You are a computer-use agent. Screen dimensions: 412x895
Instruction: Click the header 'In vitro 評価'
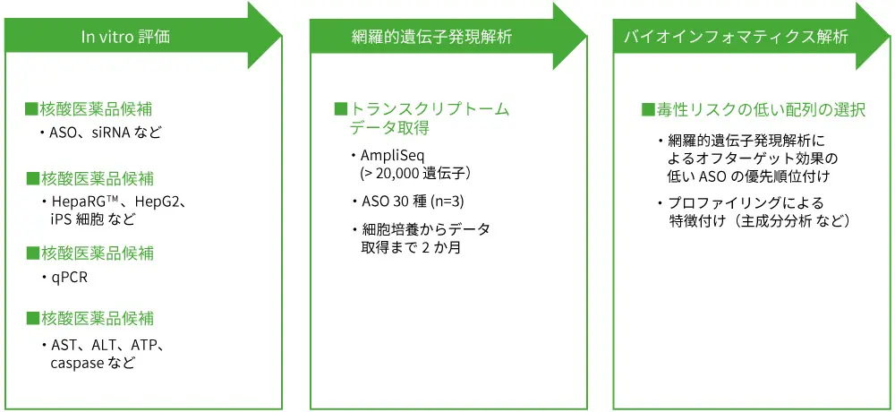[x=125, y=37]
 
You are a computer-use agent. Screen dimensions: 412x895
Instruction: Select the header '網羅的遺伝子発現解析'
[x=433, y=37]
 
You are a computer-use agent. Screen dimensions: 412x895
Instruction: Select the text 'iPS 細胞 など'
[x=94, y=219]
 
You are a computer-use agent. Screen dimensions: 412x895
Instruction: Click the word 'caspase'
[x=77, y=364]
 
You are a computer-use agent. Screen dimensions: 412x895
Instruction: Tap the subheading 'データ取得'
[x=389, y=128]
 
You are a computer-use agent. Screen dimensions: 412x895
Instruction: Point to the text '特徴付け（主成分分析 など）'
[x=759, y=220]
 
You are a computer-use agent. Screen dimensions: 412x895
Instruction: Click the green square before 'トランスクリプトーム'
[x=340, y=109]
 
